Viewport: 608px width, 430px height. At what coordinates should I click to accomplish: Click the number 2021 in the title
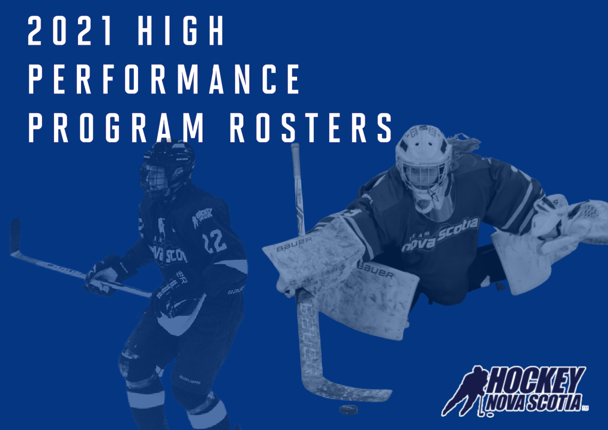(x=70, y=31)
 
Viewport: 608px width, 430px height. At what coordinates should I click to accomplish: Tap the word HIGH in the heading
(x=181, y=31)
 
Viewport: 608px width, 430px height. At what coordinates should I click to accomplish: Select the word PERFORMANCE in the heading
(x=164, y=79)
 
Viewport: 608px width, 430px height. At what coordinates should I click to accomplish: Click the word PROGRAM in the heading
(x=116, y=128)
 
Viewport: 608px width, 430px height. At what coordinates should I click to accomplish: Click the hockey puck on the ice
(x=348, y=409)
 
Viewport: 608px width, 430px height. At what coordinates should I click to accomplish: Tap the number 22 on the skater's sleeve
(x=214, y=241)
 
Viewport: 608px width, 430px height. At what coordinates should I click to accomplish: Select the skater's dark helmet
(x=167, y=169)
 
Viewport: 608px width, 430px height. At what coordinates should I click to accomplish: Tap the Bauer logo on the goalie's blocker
(x=293, y=243)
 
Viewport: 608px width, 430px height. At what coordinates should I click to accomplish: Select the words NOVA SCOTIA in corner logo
(x=533, y=402)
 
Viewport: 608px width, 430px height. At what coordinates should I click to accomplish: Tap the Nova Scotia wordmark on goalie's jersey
(x=440, y=235)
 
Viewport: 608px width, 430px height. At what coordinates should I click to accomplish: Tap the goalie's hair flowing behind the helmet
(x=465, y=144)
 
